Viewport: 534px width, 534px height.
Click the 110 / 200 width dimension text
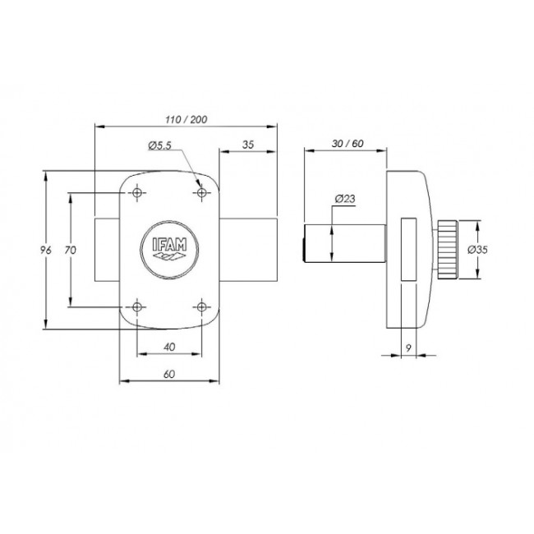[186, 119]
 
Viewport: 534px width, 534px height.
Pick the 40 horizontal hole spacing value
[169, 348]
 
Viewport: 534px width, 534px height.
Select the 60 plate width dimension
[169, 374]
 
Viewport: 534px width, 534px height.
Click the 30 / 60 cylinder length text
[346, 143]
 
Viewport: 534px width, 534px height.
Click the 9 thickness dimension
[408, 347]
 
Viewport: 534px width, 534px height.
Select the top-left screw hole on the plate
[137, 193]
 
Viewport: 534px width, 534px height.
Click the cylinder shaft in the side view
[346, 245]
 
